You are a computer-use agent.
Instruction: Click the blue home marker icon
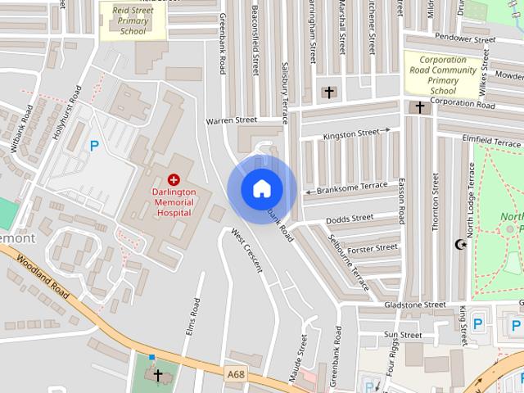tap(261, 189)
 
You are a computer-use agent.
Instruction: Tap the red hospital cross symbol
tap(173, 179)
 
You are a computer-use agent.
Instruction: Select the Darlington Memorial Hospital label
tap(173, 201)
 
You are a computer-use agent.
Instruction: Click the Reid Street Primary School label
tap(132, 21)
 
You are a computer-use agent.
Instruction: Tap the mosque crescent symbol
tap(460, 244)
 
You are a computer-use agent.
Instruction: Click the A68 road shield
tap(235, 374)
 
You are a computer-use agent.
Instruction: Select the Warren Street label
tap(231, 120)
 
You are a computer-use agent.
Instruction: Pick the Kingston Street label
tap(351, 133)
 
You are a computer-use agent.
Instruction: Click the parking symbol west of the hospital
tap(94, 147)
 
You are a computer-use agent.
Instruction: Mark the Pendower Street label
tap(465, 38)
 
